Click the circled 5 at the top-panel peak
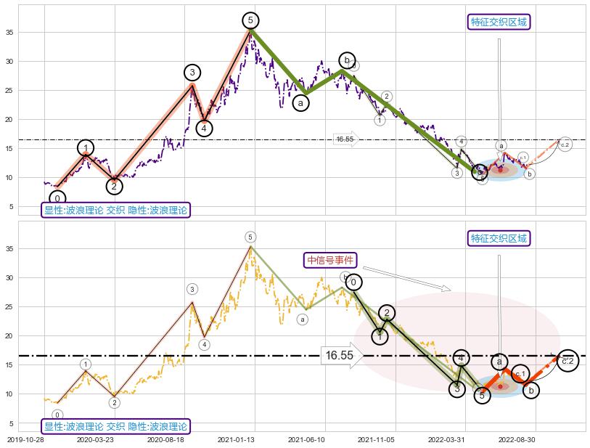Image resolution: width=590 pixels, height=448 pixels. click(x=250, y=20)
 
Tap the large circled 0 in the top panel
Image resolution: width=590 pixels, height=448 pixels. click(x=57, y=198)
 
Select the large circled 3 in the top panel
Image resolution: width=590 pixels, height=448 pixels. click(x=192, y=72)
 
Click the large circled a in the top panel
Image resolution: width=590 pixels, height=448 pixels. click(x=300, y=103)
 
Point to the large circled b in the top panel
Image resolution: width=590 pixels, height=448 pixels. click(x=347, y=60)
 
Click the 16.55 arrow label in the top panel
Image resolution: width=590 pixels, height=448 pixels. click(x=345, y=139)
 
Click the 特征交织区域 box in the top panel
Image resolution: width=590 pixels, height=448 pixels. click(x=499, y=22)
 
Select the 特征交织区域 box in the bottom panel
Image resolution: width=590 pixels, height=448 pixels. click(x=499, y=238)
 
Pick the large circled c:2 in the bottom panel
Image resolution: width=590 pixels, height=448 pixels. click(x=568, y=360)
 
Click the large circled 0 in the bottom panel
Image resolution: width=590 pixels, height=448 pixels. click(x=353, y=282)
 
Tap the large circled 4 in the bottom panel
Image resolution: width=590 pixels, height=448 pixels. click(x=462, y=357)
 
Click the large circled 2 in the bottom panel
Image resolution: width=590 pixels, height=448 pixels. click(x=387, y=313)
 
